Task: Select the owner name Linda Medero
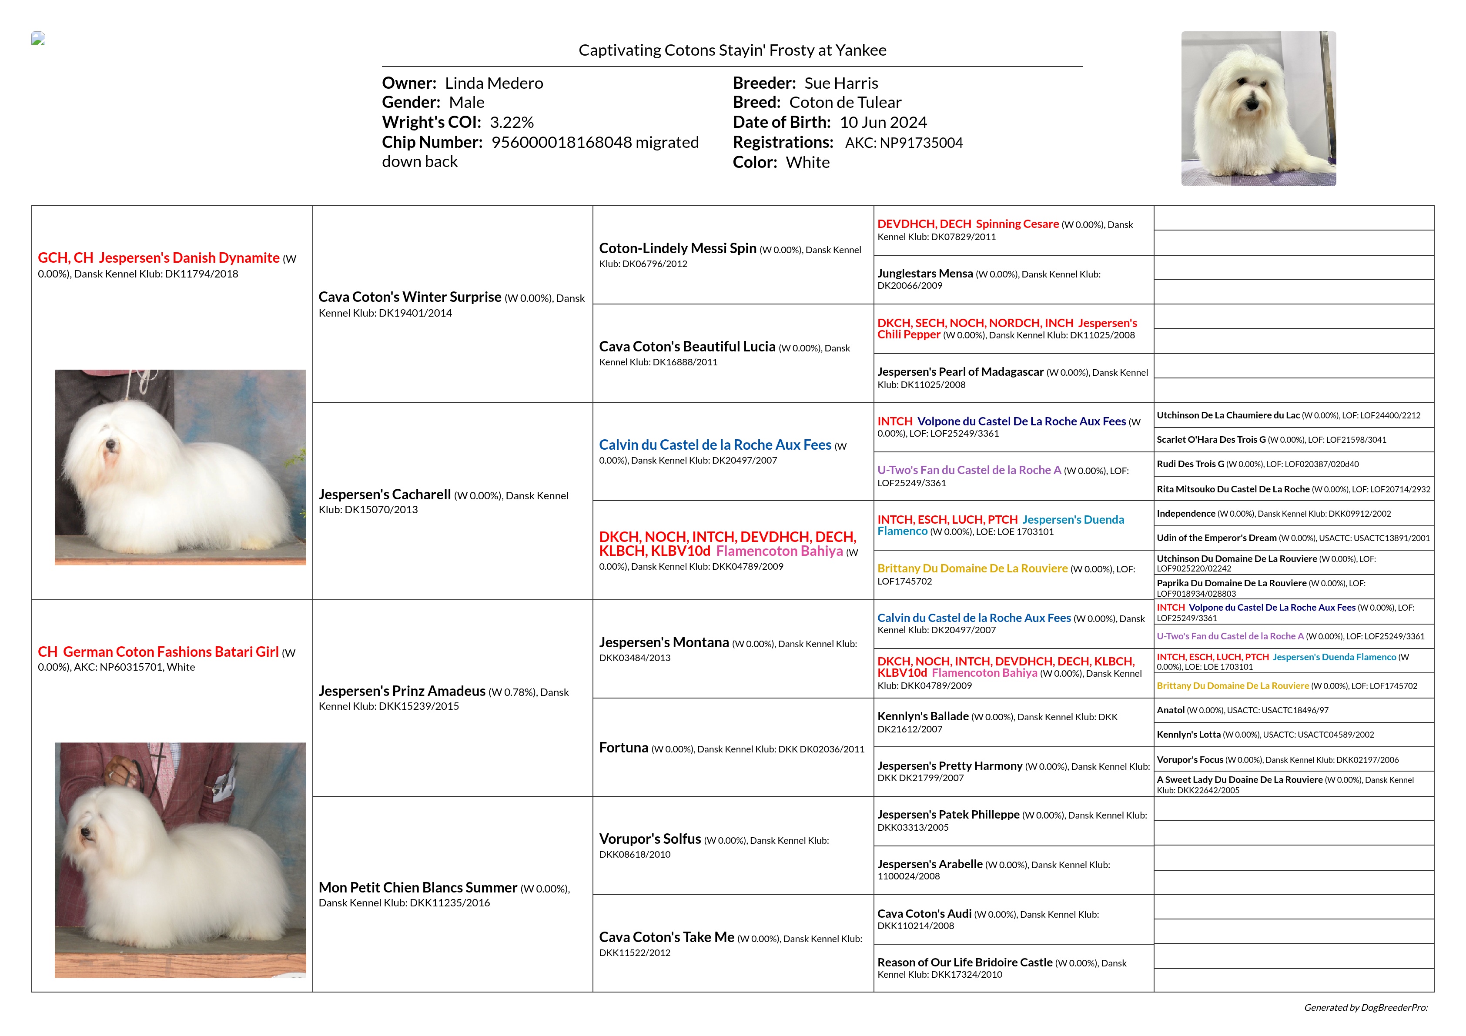point(494,84)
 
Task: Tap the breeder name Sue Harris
point(841,84)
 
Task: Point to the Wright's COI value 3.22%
point(512,123)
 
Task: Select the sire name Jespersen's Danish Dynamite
point(189,258)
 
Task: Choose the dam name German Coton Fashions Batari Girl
point(171,652)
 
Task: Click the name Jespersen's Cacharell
point(385,495)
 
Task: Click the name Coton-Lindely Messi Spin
point(677,248)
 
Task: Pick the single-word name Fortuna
point(623,748)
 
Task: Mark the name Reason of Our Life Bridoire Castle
point(964,962)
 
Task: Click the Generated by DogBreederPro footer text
point(1365,1008)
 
